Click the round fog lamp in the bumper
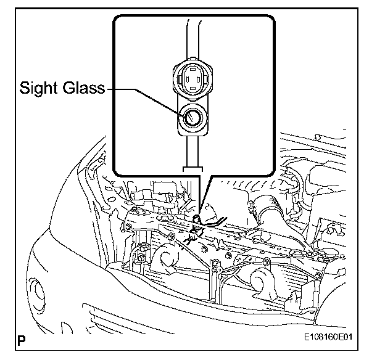(x=41, y=290)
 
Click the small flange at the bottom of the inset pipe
(x=191, y=167)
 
